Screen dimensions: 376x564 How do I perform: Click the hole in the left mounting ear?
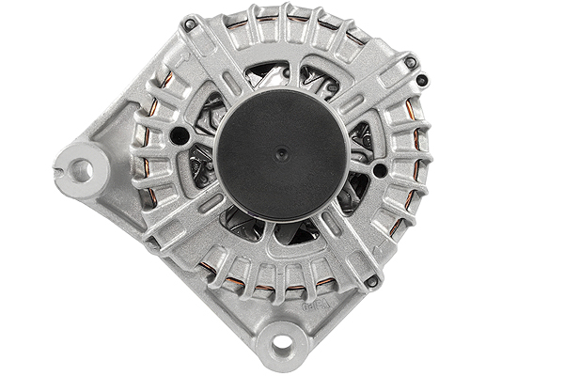81,170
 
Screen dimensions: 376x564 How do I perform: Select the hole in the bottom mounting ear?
281,344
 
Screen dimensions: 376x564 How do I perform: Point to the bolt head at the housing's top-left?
189,24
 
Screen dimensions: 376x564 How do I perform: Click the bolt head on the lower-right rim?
372,281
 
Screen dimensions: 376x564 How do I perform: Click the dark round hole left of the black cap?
179,136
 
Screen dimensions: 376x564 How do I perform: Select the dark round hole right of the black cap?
379,170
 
